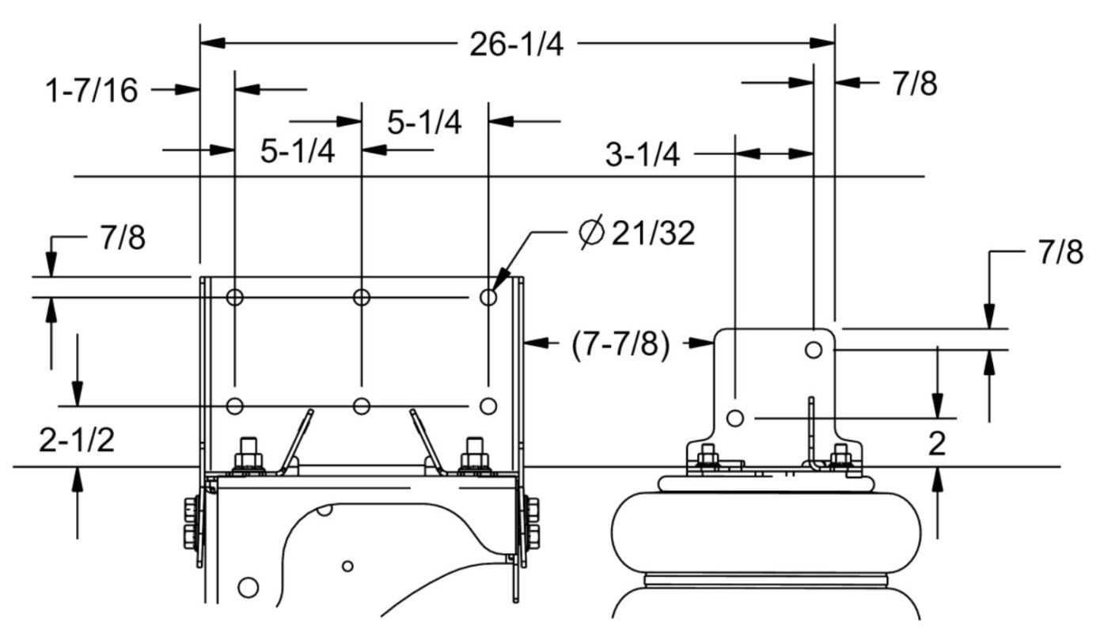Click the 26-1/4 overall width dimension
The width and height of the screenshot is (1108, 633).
516,45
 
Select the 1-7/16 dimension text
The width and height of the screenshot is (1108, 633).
92,91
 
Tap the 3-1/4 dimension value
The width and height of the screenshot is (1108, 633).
642,155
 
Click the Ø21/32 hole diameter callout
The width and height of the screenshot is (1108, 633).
637,234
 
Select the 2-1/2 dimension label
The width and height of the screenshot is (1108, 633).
76,441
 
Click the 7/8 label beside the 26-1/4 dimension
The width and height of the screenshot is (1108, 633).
914,84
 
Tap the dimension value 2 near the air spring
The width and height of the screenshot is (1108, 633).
937,444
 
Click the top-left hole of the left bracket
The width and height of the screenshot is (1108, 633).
235,298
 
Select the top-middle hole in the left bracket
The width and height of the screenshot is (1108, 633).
362,298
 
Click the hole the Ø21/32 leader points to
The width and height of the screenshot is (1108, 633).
489,298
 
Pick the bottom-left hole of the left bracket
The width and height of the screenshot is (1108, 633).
235,406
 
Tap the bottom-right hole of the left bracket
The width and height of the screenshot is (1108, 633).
489,406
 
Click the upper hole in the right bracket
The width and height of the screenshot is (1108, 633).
814,349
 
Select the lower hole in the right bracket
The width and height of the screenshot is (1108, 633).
735,418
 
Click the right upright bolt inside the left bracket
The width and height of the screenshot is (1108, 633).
473,454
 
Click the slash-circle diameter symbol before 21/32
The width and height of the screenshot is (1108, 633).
590,234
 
